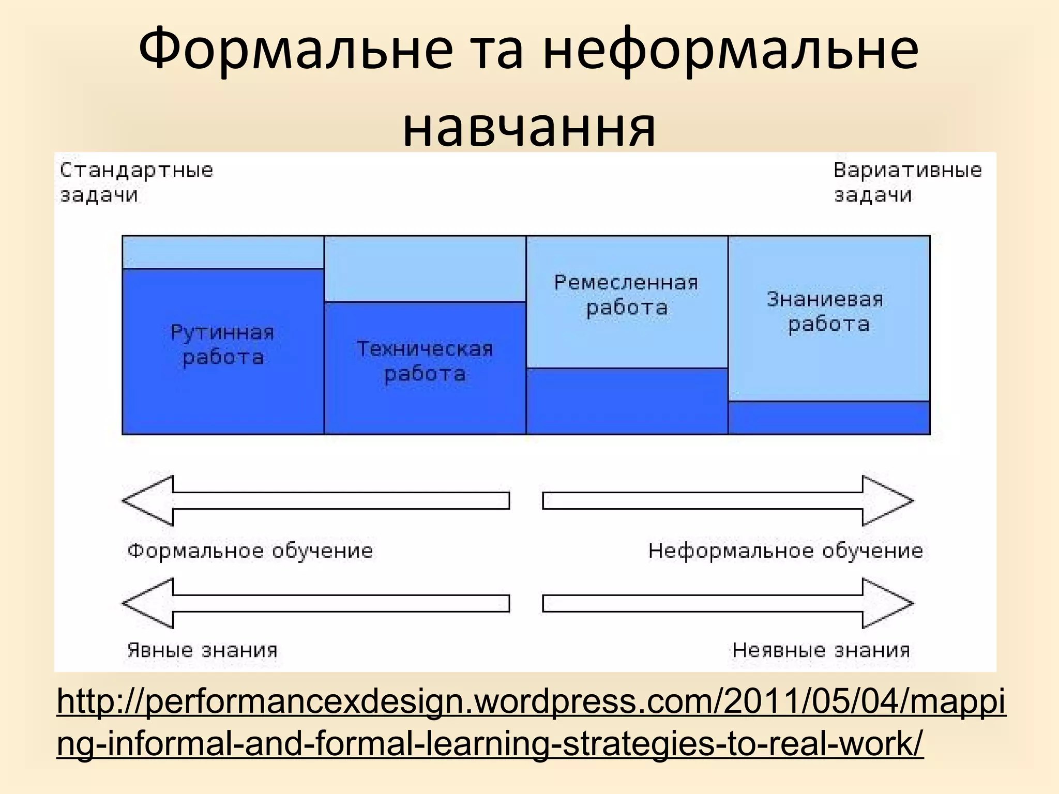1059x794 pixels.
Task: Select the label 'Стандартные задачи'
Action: (136, 182)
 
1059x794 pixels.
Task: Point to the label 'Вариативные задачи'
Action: (907, 182)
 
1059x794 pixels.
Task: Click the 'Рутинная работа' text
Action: (223, 345)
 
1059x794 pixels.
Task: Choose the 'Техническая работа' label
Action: (425, 361)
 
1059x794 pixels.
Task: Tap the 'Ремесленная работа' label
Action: (626, 295)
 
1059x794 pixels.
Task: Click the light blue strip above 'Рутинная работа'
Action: (223, 252)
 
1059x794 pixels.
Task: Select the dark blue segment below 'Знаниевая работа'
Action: (829, 418)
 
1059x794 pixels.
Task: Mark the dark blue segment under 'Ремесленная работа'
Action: (627, 401)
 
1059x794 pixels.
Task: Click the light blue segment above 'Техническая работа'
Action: (425, 269)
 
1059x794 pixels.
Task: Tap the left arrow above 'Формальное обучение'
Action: (315, 500)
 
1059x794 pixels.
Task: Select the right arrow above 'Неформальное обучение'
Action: (728, 500)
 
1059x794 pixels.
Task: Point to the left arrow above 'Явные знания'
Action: (315, 603)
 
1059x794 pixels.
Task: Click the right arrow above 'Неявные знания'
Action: (728, 603)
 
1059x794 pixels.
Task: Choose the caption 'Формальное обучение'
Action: (250, 551)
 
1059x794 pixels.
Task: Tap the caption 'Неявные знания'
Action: (821, 650)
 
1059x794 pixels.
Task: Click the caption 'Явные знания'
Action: (203, 650)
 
